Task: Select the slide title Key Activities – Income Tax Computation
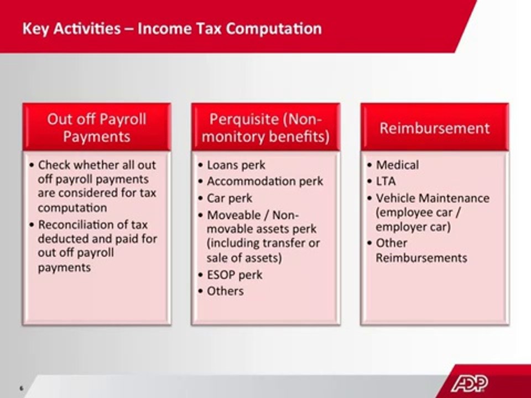coord(171,28)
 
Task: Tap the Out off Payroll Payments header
coord(96,128)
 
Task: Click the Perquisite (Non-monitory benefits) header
coord(265,128)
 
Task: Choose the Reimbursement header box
coord(434,128)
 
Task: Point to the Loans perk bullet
coord(236,165)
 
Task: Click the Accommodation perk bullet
coord(264,181)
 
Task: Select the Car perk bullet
coord(229,198)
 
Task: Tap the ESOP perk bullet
coord(234,275)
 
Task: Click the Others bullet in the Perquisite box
coord(225,291)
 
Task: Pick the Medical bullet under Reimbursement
coord(397,165)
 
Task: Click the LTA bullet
coord(386,181)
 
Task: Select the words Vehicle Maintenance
coord(433,197)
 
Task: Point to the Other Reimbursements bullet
coord(421,250)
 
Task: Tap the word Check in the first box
coord(54,165)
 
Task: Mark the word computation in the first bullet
coord(72,208)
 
